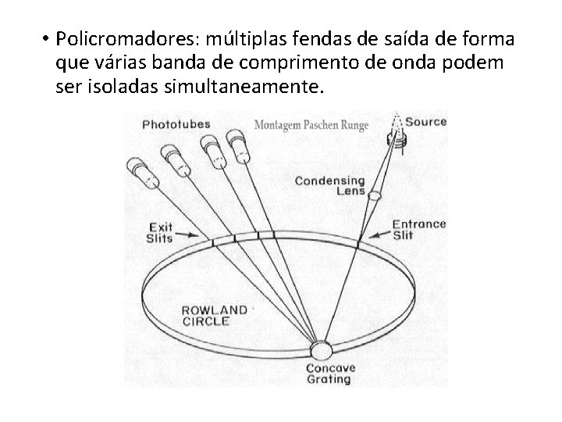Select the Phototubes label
pos(174,123)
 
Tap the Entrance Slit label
pos(418,229)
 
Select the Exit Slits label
pos(160,232)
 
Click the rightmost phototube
pos(237,145)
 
